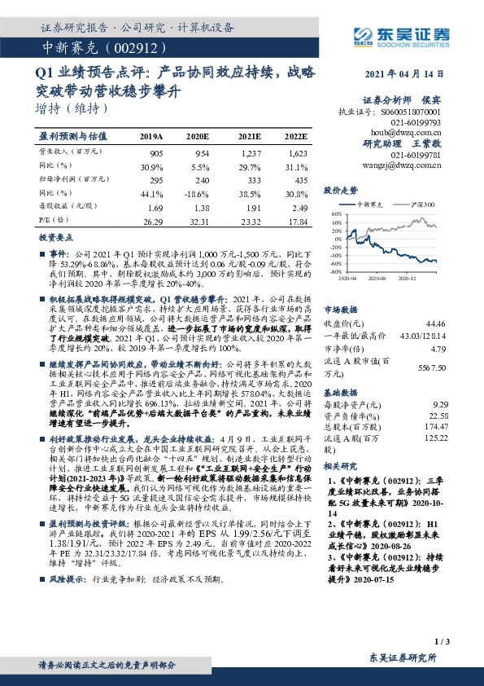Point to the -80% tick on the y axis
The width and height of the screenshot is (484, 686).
point(335,272)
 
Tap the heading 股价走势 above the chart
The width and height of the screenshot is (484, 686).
point(341,189)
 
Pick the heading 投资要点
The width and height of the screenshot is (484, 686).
point(56,238)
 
